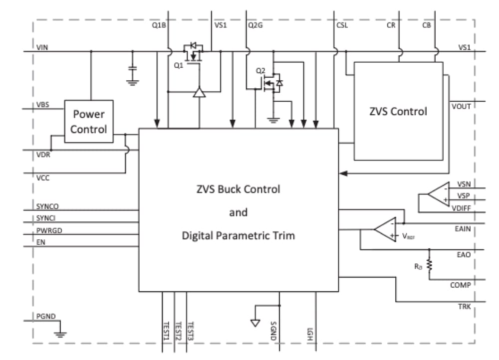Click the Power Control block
tap(89, 121)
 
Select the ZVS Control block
tap(398, 111)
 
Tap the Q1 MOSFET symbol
tap(193, 53)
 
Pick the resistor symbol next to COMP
tap(428, 265)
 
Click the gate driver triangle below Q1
tap(199, 92)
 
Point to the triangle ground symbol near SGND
tap(255, 322)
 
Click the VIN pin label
tap(42, 47)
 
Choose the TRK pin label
tap(464, 307)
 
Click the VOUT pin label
tap(461, 106)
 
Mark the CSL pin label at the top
tap(342, 25)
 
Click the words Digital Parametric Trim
tap(238, 235)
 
